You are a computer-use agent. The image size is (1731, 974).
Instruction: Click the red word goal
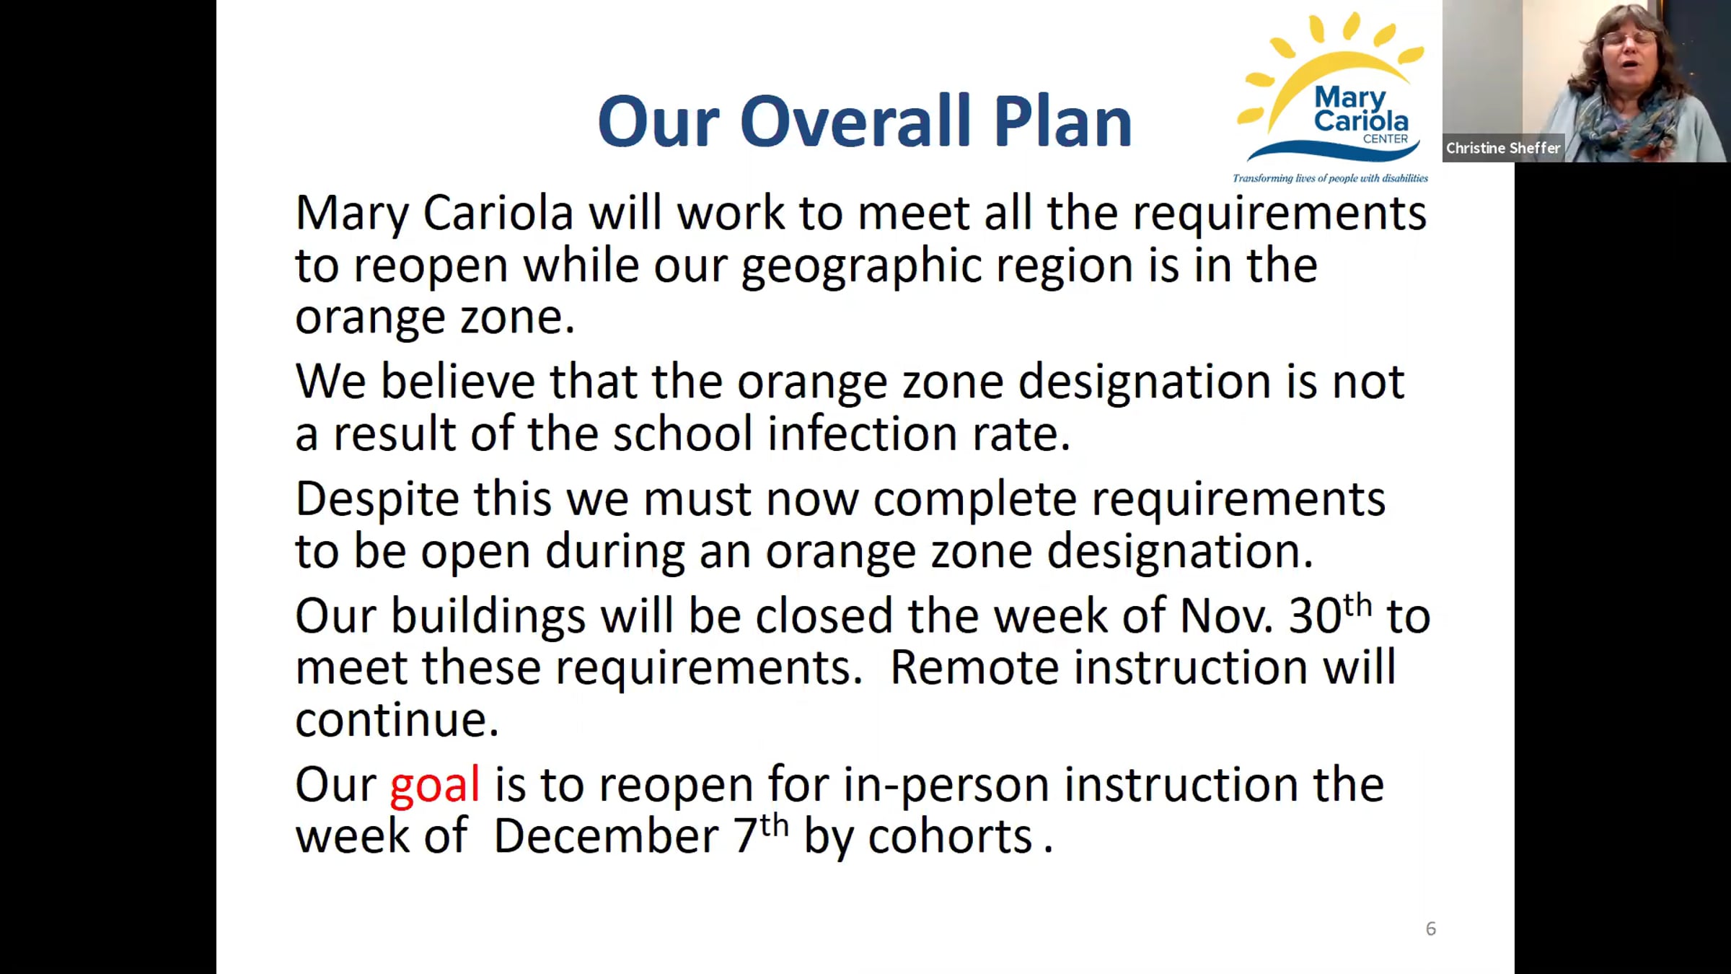tap(434, 787)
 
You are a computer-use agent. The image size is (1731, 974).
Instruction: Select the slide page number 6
tap(1431, 929)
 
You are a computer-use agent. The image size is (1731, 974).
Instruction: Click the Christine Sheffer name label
tap(1503, 148)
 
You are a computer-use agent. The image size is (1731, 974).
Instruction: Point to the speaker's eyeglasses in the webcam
tap(1629, 38)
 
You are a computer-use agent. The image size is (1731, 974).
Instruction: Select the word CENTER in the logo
tap(1385, 139)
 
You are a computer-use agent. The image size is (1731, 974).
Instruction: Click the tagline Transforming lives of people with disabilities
tap(1330, 178)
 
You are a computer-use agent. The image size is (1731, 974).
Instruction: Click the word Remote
tap(974, 667)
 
